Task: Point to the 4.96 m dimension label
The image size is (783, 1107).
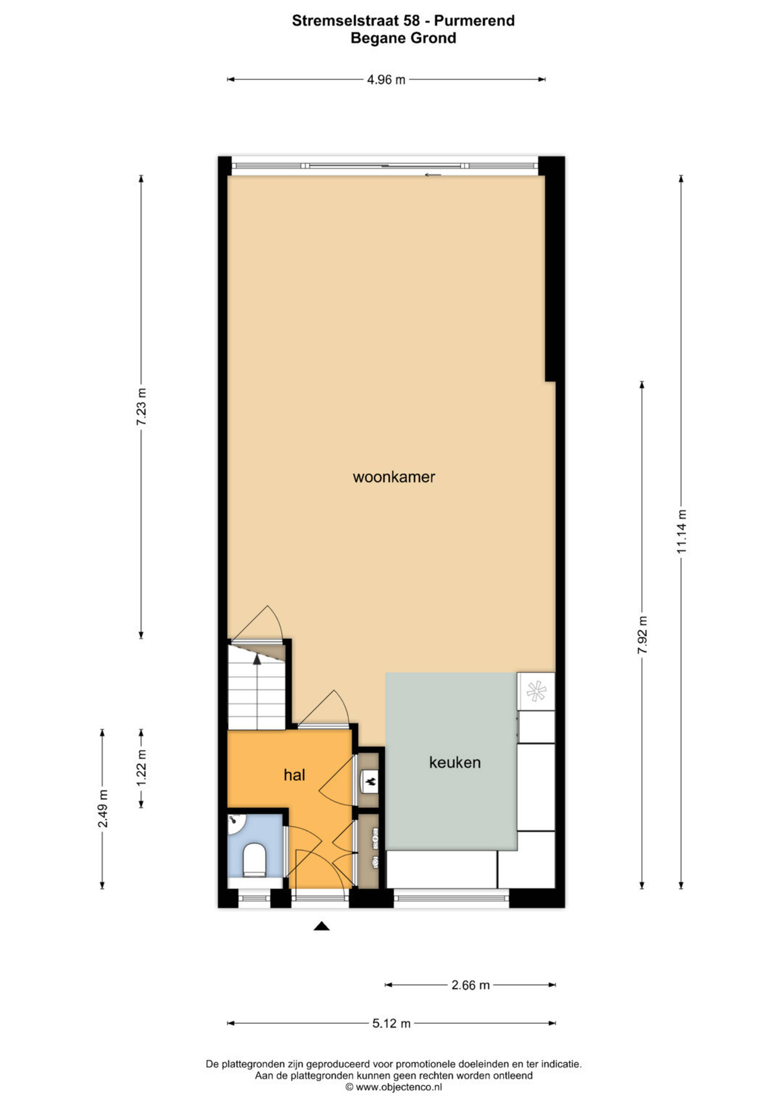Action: pyautogui.click(x=386, y=80)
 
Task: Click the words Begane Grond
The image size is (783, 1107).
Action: pyautogui.click(x=404, y=38)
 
